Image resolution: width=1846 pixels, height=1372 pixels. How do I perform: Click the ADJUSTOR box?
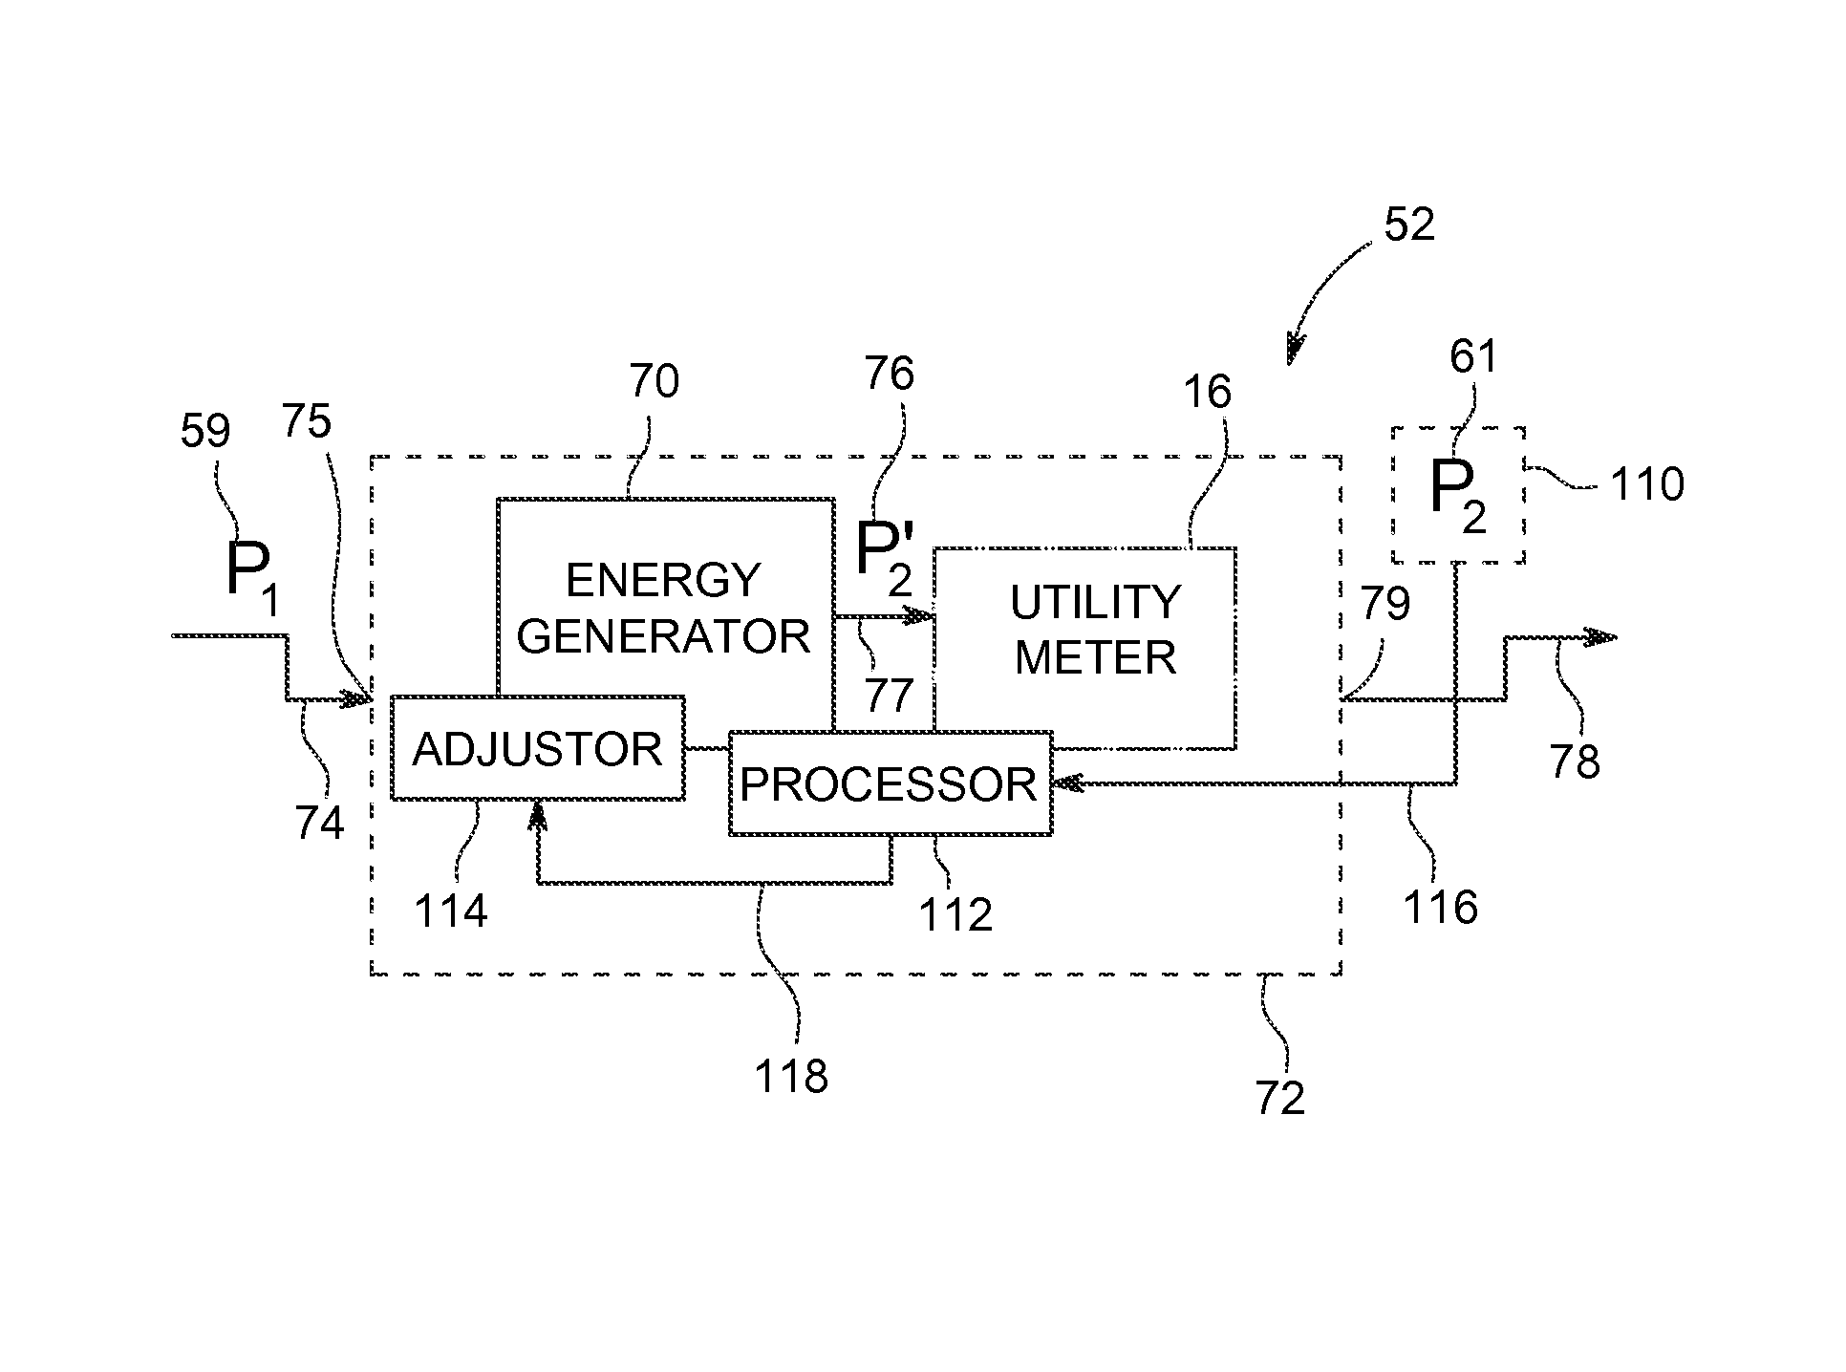[538, 748]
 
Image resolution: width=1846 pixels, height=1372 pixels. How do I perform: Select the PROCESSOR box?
[890, 784]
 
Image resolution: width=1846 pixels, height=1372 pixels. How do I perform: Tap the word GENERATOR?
[663, 635]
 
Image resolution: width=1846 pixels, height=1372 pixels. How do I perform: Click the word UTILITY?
[1095, 603]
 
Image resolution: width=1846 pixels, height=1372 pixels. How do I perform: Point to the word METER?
[1095, 657]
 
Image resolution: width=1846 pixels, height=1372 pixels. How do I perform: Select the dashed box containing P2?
[1457, 496]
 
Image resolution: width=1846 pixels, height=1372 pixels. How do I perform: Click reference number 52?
[1409, 225]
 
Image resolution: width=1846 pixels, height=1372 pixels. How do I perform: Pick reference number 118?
[790, 1077]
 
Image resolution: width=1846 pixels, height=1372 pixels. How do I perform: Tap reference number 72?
[1280, 1099]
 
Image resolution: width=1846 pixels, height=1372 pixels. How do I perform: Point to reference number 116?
[1440, 906]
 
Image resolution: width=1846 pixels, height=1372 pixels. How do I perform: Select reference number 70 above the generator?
[654, 382]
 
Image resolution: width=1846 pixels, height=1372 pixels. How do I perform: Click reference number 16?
[1208, 393]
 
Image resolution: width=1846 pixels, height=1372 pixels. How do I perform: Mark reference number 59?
[205, 432]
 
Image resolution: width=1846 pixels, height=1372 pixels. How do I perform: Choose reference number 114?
[450, 911]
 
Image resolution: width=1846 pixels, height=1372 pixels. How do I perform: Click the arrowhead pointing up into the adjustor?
[538, 813]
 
